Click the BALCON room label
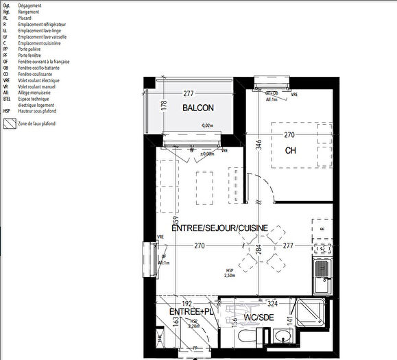197,108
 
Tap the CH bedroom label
290,150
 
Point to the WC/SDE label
261,319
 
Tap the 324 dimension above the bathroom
272,302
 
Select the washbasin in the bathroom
282,337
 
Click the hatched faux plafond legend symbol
9,123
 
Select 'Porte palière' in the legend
31,49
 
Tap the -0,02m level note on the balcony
207,126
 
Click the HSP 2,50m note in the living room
230,273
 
